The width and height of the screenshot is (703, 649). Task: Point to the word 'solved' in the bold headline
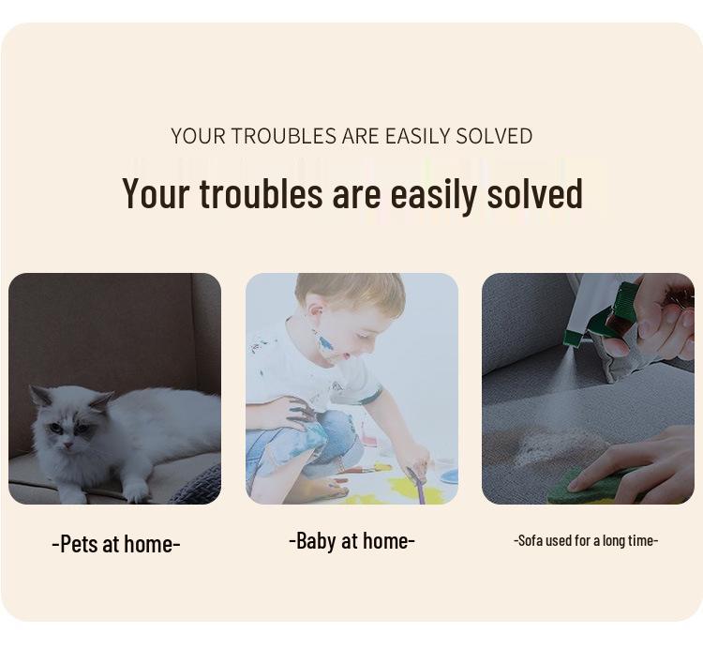pyautogui.click(x=534, y=193)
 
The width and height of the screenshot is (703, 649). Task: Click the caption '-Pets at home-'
pyautogui.click(x=116, y=544)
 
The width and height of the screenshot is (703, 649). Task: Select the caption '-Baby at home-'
pyautogui.click(x=351, y=540)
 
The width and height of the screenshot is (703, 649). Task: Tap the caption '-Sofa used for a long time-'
pyautogui.click(x=586, y=540)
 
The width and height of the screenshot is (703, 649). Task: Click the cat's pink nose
pyautogui.click(x=67, y=445)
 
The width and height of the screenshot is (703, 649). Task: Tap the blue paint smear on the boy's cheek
pyautogui.click(x=326, y=342)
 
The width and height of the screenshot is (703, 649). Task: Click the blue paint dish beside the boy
pyautogui.click(x=448, y=475)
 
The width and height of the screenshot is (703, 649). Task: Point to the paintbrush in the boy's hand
pyautogui.click(x=416, y=485)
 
